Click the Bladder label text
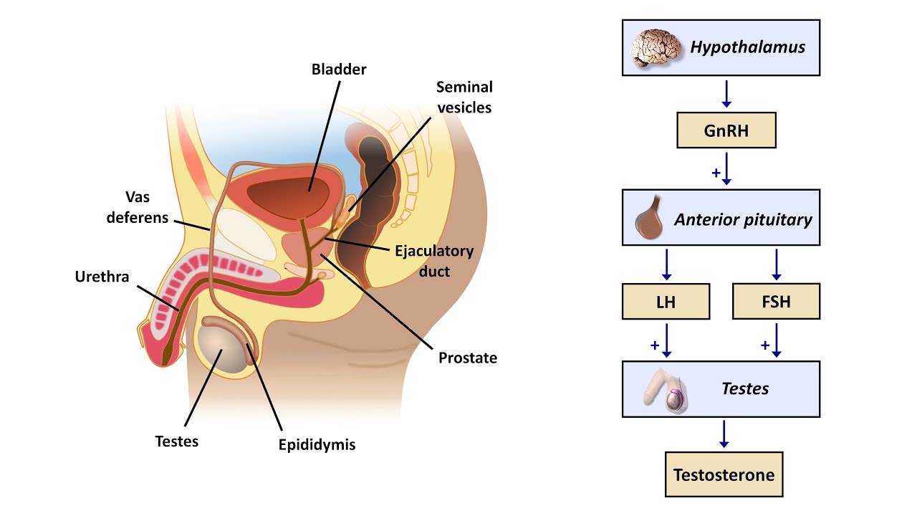pyautogui.click(x=339, y=70)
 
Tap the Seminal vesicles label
pyautogui.click(x=464, y=97)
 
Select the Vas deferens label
pyautogui.click(x=137, y=207)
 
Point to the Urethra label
pyautogui.click(x=102, y=277)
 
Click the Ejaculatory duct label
pyautogui.click(x=434, y=262)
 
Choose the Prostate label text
pyautogui.click(x=467, y=358)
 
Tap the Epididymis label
pyautogui.click(x=317, y=445)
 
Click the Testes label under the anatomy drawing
pyautogui.click(x=176, y=441)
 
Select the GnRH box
pyautogui.click(x=726, y=130)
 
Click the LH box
pyautogui.click(x=666, y=302)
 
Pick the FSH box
pyautogui.click(x=776, y=302)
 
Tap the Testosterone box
pyautogui.click(x=724, y=474)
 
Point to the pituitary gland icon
pyautogui.click(x=650, y=218)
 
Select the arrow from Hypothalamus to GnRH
pyautogui.click(x=726, y=93)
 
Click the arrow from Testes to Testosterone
pyautogui.click(x=724, y=434)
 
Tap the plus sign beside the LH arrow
pyautogui.click(x=654, y=345)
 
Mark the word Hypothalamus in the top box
pyautogui.click(x=747, y=48)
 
